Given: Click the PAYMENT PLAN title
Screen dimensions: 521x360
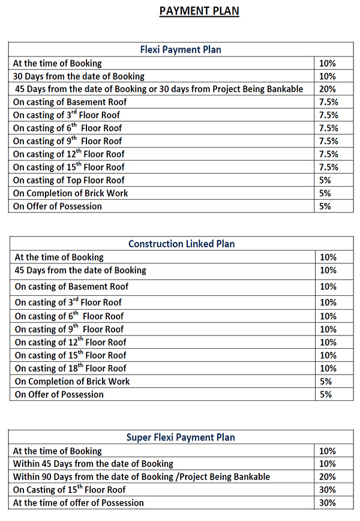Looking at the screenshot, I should (199, 11).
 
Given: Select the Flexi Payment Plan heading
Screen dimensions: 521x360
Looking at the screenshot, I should (181, 49).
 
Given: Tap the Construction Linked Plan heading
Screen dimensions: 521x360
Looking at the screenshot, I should (181, 244).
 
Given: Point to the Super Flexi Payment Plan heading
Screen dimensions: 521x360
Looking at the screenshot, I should (181, 438).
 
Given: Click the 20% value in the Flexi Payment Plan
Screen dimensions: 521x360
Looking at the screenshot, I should (328, 89).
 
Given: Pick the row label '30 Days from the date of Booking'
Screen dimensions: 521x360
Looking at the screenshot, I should (79, 76).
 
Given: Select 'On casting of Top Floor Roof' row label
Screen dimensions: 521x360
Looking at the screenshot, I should (69, 180).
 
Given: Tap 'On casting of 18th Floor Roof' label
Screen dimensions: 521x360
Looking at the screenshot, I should (71, 369).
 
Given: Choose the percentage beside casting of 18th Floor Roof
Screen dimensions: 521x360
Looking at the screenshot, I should (328, 369).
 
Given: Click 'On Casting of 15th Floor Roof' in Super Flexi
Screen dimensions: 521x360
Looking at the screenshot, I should (69, 490).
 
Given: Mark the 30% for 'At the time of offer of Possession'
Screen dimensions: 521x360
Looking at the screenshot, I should (328, 503).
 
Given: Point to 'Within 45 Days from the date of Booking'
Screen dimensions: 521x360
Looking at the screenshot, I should (93, 464).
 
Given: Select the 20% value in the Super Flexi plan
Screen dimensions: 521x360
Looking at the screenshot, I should (328, 477).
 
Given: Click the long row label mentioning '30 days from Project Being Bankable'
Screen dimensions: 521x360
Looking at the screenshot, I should (159, 89).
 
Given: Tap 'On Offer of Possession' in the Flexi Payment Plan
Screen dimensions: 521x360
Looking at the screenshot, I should (58, 206).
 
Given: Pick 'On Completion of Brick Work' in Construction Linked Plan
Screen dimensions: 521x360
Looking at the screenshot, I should (72, 381).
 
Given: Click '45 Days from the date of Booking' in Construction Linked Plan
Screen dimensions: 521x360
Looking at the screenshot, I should (80, 270).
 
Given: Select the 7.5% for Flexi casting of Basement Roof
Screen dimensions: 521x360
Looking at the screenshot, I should (329, 102).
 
